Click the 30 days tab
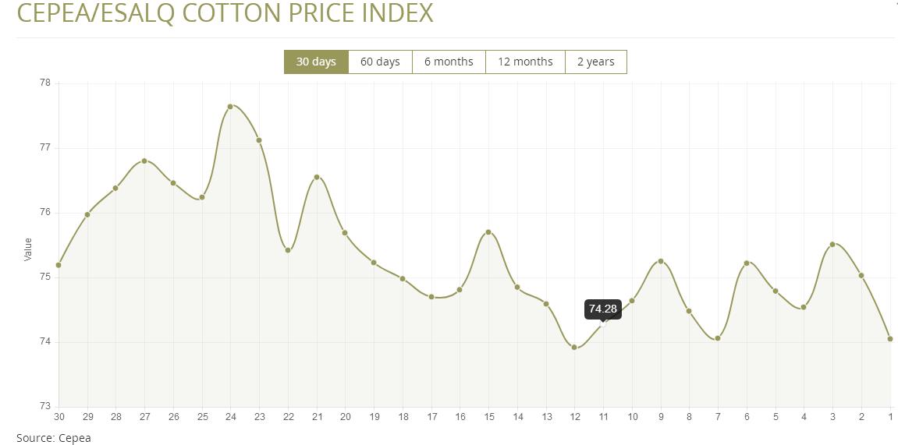click(316, 62)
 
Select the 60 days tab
click(380, 62)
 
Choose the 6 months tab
click(449, 62)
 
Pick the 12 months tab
click(525, 62)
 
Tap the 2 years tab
click(595, 62)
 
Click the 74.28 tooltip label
click(603, 309)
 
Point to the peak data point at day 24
click(231, 106)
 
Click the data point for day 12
click(574, 348)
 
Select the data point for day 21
click(317, 177)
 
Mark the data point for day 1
click(890, 339)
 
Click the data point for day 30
click(59, 265)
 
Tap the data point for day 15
click(488, 232)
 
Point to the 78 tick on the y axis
click(44, 83)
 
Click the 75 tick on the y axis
click(44, 277)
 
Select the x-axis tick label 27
click(144, 417)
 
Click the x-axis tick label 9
click(661, 417)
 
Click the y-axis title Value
click(28, 249)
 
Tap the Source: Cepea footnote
click(54, 438)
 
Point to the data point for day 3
click(832, 244)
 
